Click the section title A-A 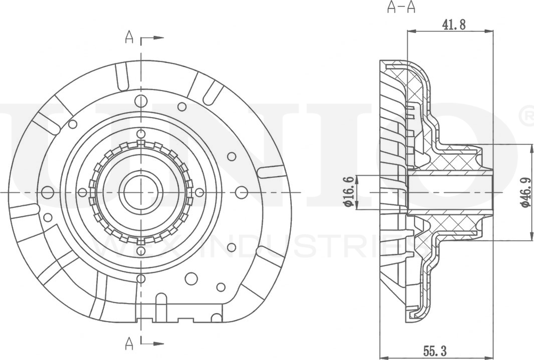(x=401, y=7)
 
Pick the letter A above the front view (x=129, y=37)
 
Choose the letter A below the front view (x=129, y=345)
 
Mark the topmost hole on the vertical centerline (x=141, y=101)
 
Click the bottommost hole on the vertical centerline (x=141, y=279)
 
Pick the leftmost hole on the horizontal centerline (x=47, y=192)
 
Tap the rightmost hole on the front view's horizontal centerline (x=241, y=192)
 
